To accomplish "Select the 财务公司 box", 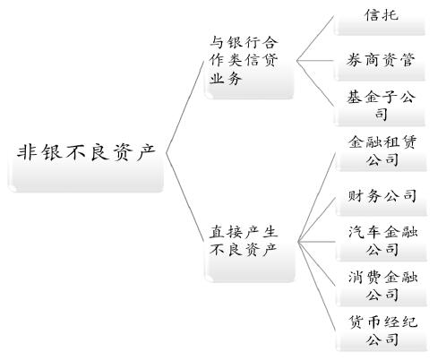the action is coord(382,199).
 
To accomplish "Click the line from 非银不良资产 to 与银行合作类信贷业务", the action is coord(184,107).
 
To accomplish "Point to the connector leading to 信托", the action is coord(315,39).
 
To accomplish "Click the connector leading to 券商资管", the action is coord(315,61).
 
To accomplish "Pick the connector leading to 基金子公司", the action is coord(315,84).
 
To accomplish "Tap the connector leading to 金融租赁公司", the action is coord(317,197).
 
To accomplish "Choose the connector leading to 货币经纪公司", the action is coord(317,287).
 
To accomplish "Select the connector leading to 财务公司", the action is coord(317,219).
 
